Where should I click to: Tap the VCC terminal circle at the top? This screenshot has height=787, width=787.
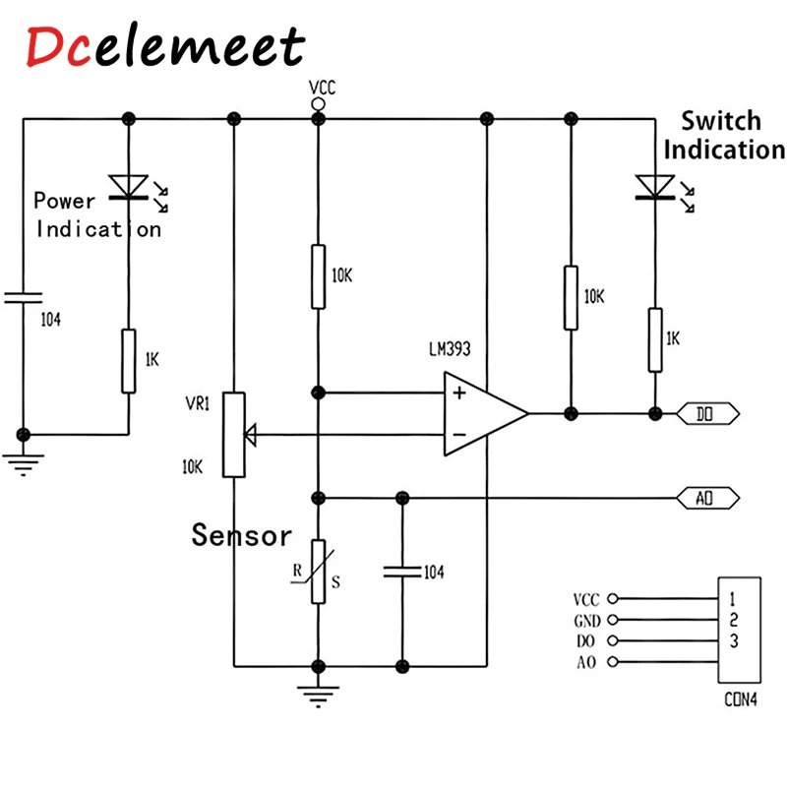pos(318,103)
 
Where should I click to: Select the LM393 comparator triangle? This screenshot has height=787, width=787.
pos(482,413)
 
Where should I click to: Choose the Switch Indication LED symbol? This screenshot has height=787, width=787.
pos(653,186)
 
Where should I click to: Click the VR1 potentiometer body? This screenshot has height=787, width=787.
pos(233,434)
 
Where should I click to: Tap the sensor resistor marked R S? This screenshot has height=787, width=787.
pos(318,572)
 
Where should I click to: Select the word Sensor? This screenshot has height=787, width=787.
pos(242,536)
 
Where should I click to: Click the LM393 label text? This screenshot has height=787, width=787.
pos(451,350)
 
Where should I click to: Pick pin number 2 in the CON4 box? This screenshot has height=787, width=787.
pos(734,620)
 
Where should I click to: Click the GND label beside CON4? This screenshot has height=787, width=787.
pos(587,621)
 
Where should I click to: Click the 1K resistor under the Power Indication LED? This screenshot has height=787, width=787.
pos(128,361)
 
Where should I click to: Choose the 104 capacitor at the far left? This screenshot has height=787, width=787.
pos(24,298)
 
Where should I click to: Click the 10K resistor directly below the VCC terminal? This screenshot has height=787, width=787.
pos(318,276)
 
